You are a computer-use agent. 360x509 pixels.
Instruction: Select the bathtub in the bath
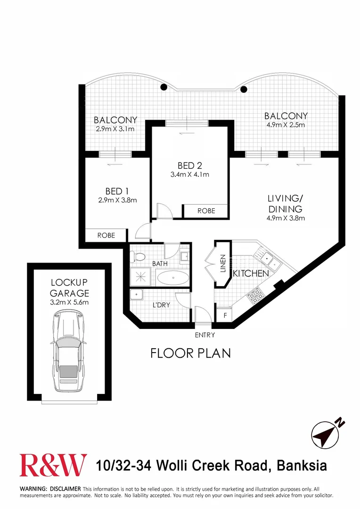(172, 278)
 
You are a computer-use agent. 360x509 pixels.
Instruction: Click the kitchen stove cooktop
(255, 295)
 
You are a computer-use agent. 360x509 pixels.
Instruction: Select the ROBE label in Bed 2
(205, 211)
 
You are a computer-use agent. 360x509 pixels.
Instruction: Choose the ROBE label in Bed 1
(106, 235)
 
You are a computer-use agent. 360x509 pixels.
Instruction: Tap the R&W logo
(53, 465)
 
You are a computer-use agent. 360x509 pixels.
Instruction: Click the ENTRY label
(205, 335)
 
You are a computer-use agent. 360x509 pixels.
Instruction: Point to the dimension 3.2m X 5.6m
(70, 303)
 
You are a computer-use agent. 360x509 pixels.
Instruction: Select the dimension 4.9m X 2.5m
(286, 125)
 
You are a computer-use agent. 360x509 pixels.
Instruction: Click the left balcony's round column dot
(164, 87)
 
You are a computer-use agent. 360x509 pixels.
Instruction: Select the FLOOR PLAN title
(191, 353)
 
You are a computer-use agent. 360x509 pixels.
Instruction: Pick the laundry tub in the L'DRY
(137, 295)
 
